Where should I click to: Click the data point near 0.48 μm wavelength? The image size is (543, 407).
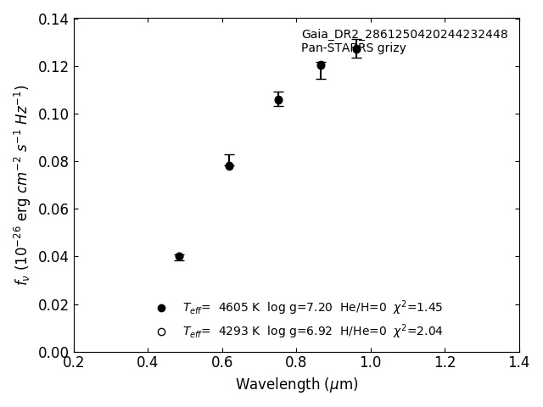click(x=179, y=256)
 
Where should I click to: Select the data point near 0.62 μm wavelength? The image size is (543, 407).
click(x=229, y=165)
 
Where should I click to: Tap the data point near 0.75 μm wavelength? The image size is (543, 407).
click(x=278, y=100)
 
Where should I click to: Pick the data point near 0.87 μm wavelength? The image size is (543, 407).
click(x=321, y=65)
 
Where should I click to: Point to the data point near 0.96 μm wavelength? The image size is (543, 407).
click(x=356, y=49)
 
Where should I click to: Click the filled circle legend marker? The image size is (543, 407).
click(x=161, y=308)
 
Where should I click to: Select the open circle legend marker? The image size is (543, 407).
click(x=161, y=332)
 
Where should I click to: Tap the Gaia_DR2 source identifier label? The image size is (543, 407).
click(x=404, y=35)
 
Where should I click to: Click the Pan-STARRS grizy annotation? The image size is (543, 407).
click(x=353, y=48)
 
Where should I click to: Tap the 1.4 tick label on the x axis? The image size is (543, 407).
click(x=519, y=363)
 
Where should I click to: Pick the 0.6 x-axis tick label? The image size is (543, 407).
click(x=222, y=363)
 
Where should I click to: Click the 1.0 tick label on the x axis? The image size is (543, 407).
click(x=371, y=363)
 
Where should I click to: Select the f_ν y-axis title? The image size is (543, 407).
click(x=22, y=185)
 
